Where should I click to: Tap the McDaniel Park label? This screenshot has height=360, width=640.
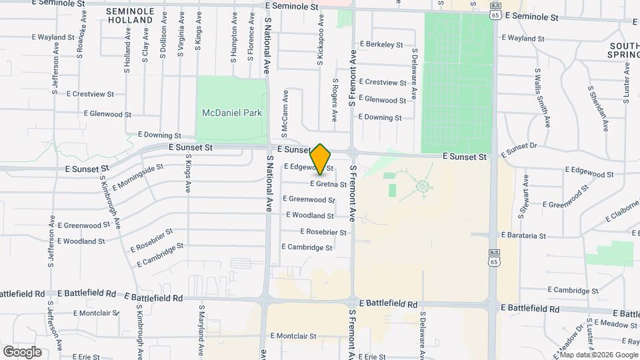coord(232,113)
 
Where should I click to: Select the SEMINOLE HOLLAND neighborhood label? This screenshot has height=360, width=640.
coord(130,16)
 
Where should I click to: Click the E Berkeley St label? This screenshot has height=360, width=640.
coord(381,45)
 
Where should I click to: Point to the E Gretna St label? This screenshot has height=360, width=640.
coord(328,184)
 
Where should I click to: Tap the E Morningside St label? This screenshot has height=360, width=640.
coord(138,177)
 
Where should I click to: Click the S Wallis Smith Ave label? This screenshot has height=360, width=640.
coord(543,97)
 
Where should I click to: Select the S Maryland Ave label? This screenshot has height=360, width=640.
coord(201,330)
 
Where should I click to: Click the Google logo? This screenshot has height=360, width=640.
coord(22,351)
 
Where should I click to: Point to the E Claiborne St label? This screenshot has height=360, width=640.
coord(621,213)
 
